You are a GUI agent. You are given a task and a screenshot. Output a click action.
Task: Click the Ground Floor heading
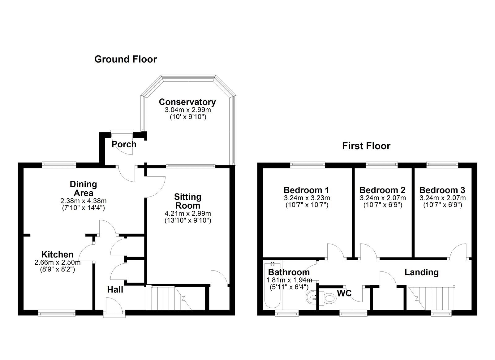click(125, 59)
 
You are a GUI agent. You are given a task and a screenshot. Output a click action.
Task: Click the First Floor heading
click(366, 146)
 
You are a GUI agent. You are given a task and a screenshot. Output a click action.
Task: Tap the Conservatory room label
click(187, 102)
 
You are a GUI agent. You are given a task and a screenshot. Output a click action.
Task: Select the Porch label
click(124, 144)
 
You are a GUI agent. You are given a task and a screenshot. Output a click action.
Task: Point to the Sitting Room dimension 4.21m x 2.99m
click(187, 213)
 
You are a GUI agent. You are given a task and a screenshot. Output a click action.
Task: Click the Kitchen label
click(58, 254)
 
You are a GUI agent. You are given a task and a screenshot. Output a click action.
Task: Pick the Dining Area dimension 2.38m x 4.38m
click(83, 201)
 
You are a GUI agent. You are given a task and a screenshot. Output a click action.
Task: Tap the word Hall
click(115, 290)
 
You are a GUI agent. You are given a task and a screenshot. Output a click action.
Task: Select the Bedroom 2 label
click(382, 190)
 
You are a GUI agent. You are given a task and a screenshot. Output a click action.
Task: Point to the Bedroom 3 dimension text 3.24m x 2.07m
click(442, 198)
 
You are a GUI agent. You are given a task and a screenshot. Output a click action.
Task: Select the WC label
click(344, 293)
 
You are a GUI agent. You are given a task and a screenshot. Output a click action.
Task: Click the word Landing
click(421, 272)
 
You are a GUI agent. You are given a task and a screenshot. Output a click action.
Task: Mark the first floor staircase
click(432, 297)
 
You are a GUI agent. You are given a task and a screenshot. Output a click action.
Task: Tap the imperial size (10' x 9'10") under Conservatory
click(188, 117)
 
